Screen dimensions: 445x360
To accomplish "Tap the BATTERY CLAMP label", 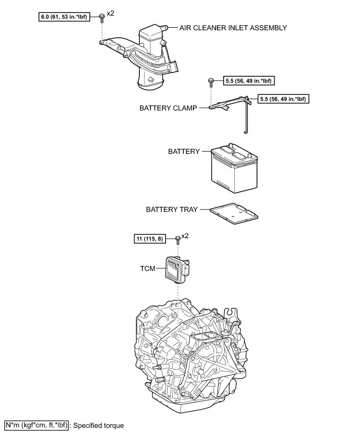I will point(168,107).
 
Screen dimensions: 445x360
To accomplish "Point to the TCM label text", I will point(147,269).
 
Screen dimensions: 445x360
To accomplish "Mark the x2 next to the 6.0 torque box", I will point(111,13).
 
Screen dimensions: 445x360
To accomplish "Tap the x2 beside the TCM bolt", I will point(185,236).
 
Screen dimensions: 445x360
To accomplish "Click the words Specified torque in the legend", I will point(98,426).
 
